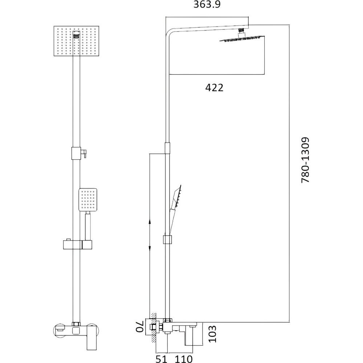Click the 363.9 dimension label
tap(207, 4)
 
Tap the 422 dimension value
tap(215, 88)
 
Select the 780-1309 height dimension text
tap(305, 160)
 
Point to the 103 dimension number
tap(212, 334)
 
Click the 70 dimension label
tap(140, 326)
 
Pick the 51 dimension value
tap(162, 359)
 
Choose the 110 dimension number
tap(184, 359)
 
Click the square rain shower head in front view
tap(76, 41)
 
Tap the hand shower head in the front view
tap(88, 200)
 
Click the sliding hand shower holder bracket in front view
tap(77, 245)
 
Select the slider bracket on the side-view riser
tap(168, 240)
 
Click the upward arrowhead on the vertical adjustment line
tap(150, 223)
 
